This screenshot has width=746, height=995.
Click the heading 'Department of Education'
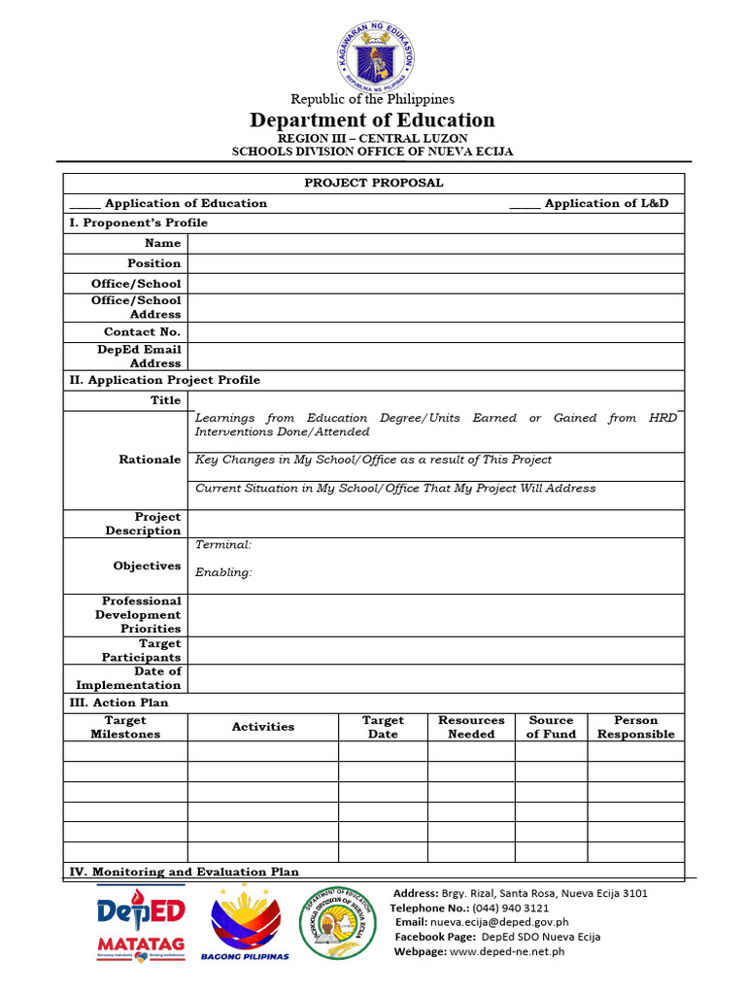pos(372,120)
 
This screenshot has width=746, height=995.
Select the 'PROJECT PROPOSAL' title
pos(374,183)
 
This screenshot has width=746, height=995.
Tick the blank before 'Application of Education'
pos(85,204)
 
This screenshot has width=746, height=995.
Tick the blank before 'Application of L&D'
pos(525,204)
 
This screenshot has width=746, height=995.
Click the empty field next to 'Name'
pos(436,243)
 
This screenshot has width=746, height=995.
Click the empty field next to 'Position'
pos(436,263)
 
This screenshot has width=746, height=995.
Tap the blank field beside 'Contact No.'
pos(436,331)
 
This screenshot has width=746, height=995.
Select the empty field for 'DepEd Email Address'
pos(436,356)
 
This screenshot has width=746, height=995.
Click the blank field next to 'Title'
pos(436,400)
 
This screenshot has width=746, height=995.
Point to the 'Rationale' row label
pos(150,460)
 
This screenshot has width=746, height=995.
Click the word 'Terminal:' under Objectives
pos(223,545)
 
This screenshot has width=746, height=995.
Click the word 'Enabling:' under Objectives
pos(223,573)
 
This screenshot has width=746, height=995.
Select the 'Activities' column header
pos(262,727)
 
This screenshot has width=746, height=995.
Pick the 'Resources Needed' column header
pos(471,727)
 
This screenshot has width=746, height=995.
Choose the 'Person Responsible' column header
pos(635,727)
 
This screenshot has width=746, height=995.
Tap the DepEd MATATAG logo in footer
pos(141,923)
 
